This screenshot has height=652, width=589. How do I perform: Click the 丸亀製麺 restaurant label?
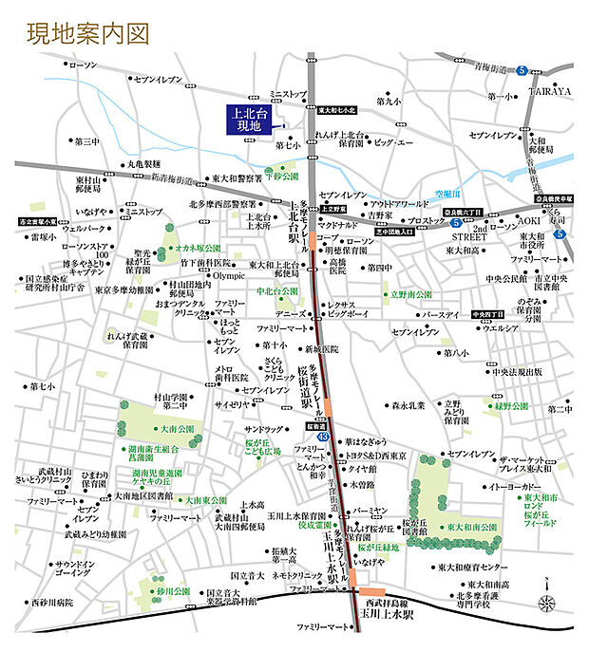click(148, 163)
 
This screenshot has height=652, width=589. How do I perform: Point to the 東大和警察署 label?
click(237, 177)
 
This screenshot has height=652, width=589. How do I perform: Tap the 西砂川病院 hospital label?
click(51, 602)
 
